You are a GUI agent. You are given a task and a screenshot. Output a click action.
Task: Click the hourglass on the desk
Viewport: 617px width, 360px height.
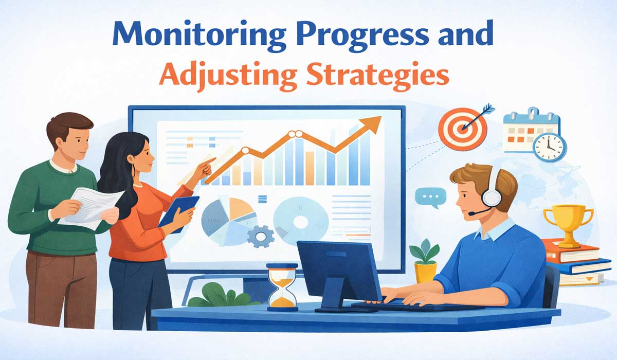[x=282, y=286]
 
